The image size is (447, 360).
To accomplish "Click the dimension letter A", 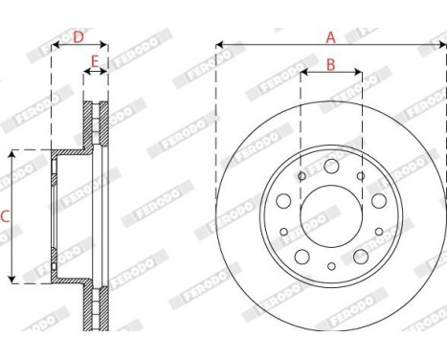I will pos(331,37).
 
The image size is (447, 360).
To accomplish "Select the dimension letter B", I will pos(331,65).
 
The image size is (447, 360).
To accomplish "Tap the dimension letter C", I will pos(5,217).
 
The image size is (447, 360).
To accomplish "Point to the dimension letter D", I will pos(78,37).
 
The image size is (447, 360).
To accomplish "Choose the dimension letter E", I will pos(94,63).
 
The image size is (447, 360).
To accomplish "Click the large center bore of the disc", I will pos(331,216).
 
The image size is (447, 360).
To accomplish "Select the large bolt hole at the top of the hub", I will pos(331,167).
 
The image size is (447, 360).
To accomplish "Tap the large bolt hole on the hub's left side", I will pos(283,201).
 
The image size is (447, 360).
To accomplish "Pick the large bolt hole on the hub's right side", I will pos(379,201).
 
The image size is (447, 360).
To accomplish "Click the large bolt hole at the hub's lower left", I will pos(302,257).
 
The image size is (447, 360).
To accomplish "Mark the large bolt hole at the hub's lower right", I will pos(361,257).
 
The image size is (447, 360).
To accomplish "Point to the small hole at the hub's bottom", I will pos(331,267).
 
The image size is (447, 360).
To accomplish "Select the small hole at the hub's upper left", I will pos(302,176).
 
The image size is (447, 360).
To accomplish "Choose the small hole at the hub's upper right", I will pos(361,176).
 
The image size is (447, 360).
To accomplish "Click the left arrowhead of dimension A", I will pos(220,44).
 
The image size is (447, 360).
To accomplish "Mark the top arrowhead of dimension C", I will pos(12,153).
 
